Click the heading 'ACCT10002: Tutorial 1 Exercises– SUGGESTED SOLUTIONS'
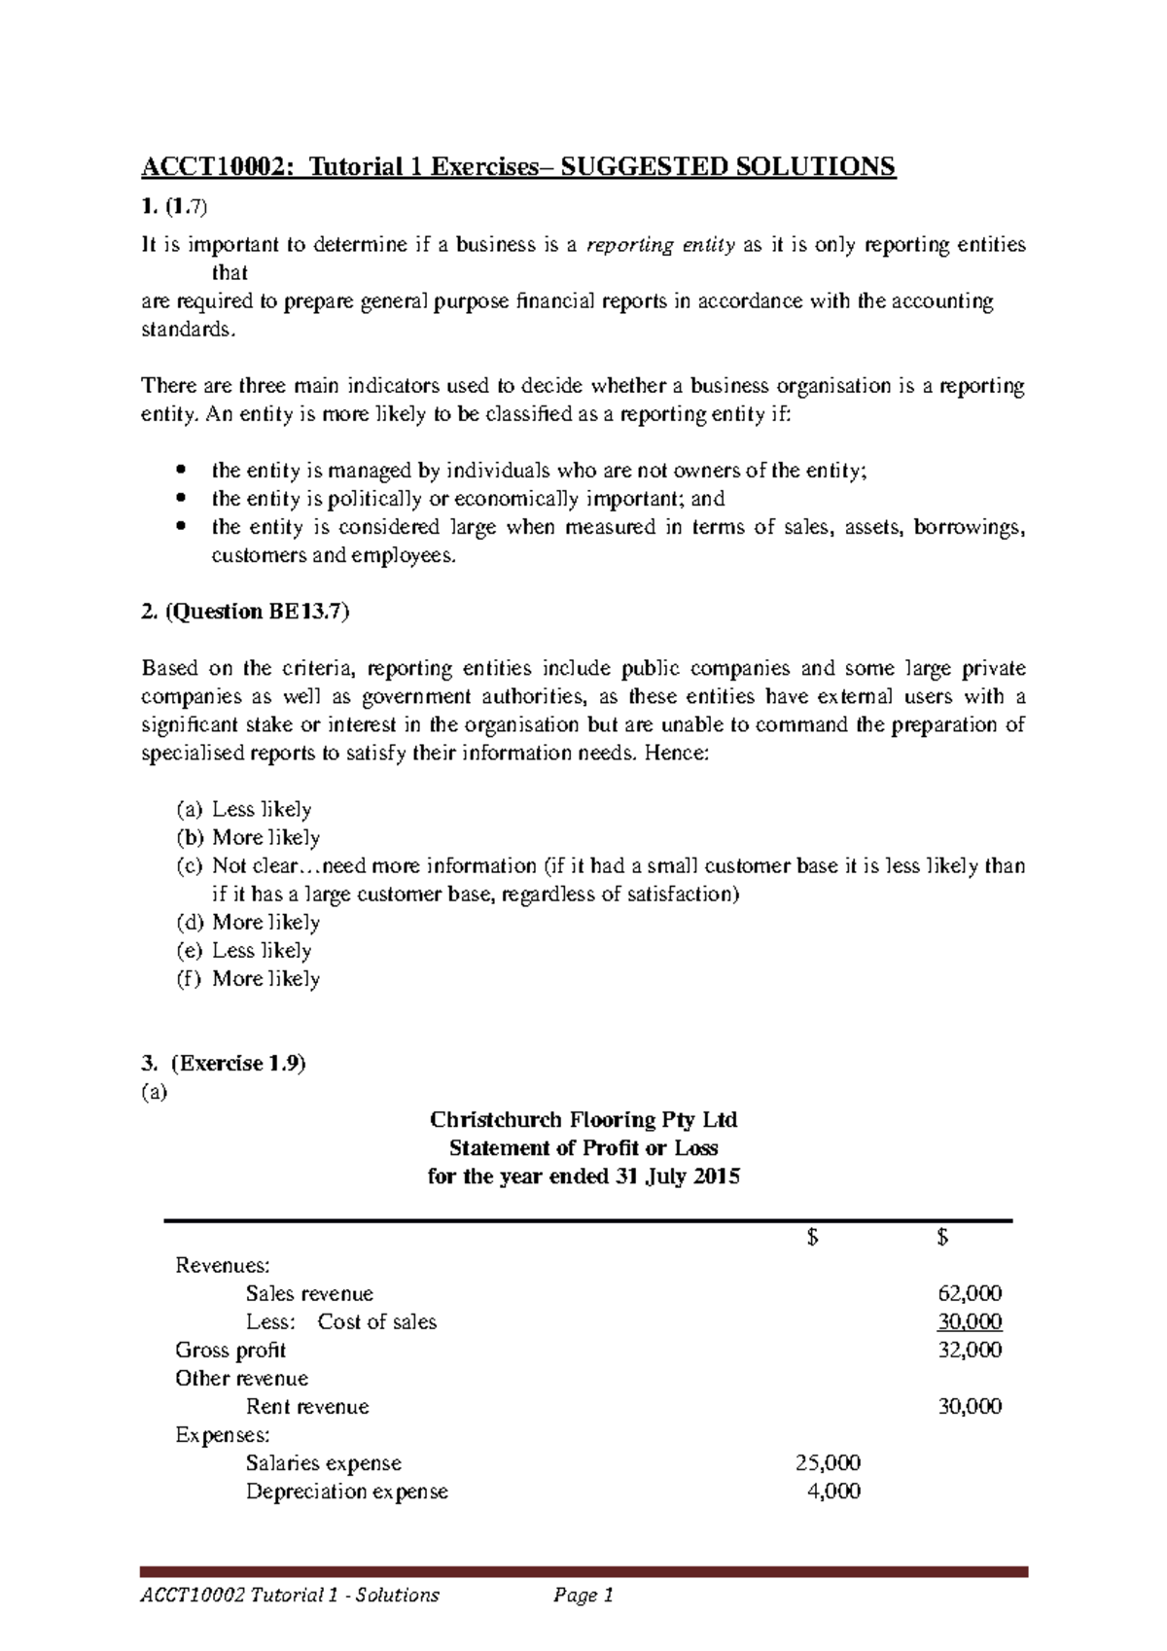tap(518, 167)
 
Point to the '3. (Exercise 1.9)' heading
tap(224, 1064)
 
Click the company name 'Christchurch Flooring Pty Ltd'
tap(583, 1119)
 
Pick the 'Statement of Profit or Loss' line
tap(583, 1147)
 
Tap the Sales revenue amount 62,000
tap(970, 1294)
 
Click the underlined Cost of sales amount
tap(970, 1322)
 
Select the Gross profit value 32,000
tap(970, 1351)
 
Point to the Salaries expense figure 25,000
tap(828, 1463)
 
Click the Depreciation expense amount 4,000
tap(834, 1492)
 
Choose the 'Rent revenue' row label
tap(307, 1407)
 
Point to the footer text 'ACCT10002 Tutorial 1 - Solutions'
tap(291, 1596)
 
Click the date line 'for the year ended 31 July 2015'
tap(583, 1177)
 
